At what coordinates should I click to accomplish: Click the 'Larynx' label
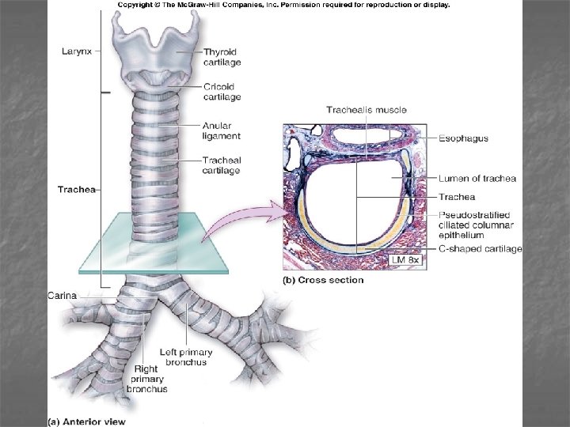click(76, 51)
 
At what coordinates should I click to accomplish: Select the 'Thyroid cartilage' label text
click(222, 56)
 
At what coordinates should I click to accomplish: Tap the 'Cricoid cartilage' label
click(222, 92)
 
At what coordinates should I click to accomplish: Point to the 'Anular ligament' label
click(222, 130)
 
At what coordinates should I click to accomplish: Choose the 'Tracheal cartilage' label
click(221, 164)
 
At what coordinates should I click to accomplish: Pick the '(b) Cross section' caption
click(324, 280)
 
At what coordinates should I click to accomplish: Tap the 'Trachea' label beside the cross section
click(457, 197)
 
